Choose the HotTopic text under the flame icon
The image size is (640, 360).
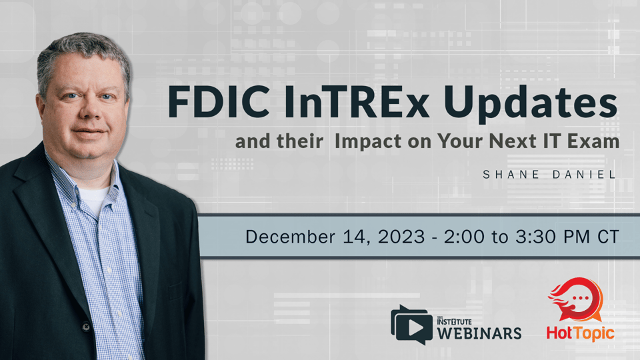pyautogui.click(x=581, y=333)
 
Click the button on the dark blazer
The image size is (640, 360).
pyautogui.click(x=85, y=327)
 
